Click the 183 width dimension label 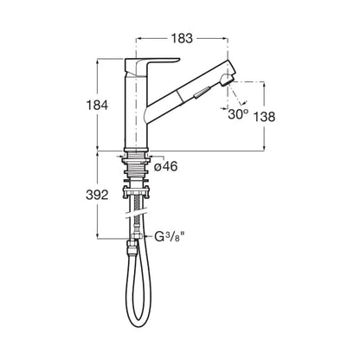[182, 38]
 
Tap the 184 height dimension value [97, 105]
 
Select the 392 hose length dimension [97, 196]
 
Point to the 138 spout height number [264, 117]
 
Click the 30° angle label [238, 114]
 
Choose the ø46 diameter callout [165, 166]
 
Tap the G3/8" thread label [170, 237]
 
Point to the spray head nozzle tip [228, 80]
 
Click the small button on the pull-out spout [201, 93]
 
